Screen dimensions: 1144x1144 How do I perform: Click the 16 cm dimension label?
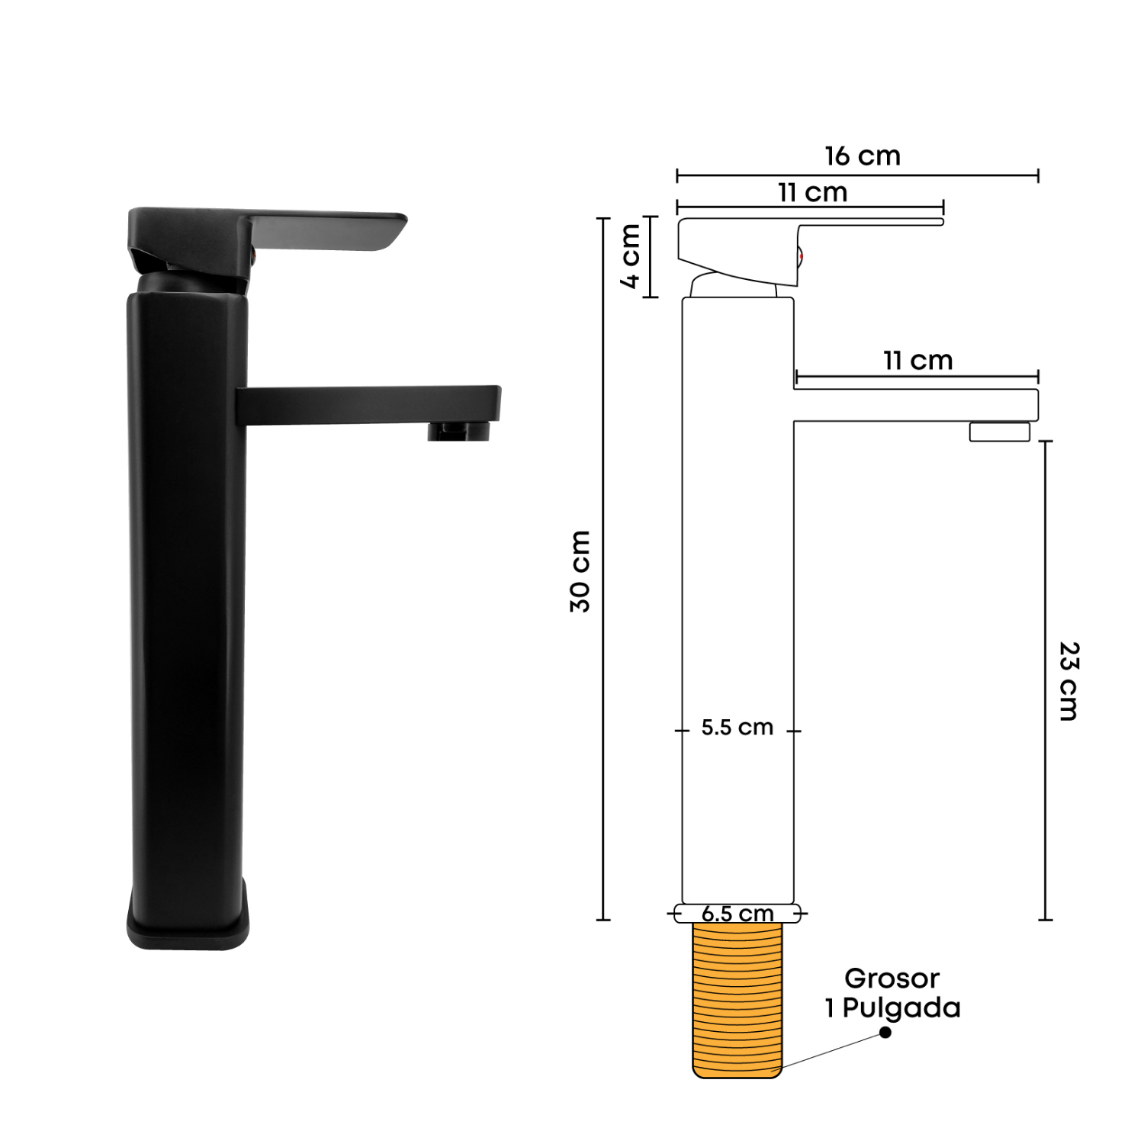pyautogui.click(x=863, y=156)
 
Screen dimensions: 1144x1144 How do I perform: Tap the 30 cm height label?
pyautogui.click(x=580, y=571)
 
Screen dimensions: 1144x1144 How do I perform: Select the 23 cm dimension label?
pyautogui.click(x=1068, y=681)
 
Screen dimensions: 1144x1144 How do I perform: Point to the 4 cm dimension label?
pyautogui.click(x=631, y=256)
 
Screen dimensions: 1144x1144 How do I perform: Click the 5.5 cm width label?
pyautogui.click(x=737, y=728)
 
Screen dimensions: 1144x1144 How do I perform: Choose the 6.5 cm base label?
pyautogui.click(x=737, y=914)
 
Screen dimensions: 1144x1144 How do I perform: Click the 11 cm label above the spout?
pyautogui.click(x=918, y=360)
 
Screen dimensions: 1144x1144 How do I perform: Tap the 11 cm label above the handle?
pyautogui.click(x=813, y=192)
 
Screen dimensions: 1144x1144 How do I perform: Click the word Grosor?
pyautogui.click(x=892, y=978)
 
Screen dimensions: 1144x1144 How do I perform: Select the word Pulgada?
pyautogui.click(x=901, y=1008)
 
